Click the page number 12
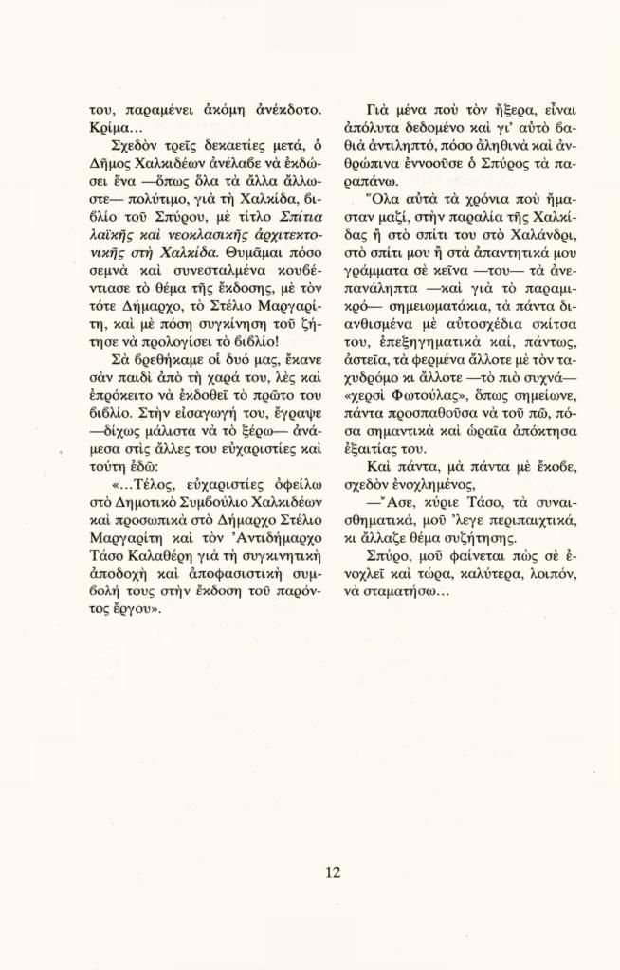coord(332,872)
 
